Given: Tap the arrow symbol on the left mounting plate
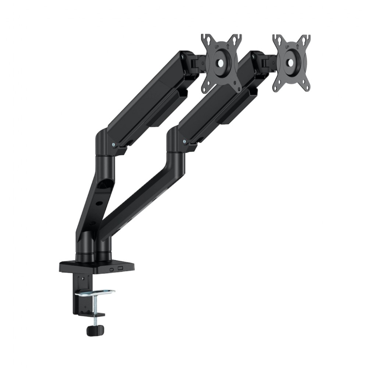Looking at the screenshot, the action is coord(228,46).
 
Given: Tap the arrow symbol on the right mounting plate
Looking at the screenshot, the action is coord(298,46).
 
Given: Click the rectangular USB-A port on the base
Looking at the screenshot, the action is coord(120,268).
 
